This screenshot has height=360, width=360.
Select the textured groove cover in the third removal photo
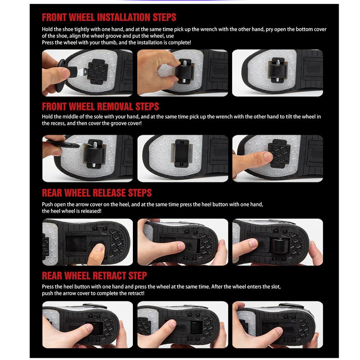click(279, 153)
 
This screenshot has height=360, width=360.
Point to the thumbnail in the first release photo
click(100, 247)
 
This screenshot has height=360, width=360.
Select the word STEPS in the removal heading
click(147, 107)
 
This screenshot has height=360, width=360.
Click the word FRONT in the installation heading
click(54, 18)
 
